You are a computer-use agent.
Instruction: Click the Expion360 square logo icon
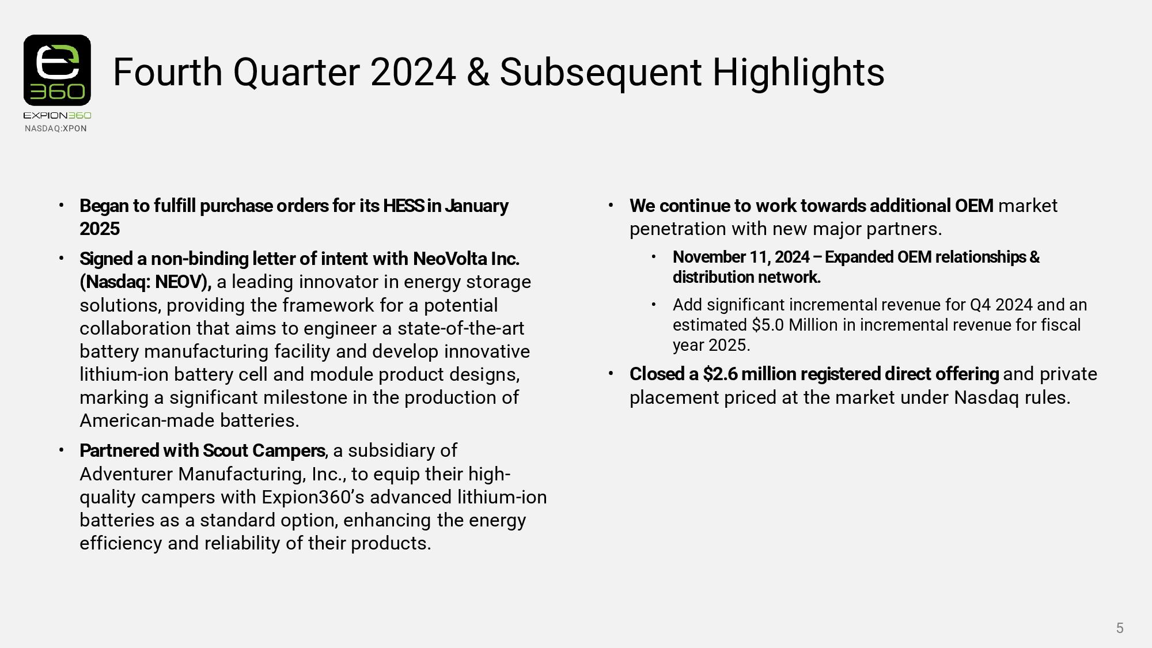tap(57, 70)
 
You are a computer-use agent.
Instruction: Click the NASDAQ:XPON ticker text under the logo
tap(56, 128)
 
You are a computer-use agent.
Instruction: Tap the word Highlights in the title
tap(798, 73)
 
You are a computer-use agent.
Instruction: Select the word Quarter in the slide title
tap(297, 73)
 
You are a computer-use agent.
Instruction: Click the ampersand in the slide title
tap(478, 73)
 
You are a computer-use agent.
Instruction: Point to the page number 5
tap(1120, 628)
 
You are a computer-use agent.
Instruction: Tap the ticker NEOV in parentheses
tap(180, 282)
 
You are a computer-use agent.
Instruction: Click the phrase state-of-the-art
tap(461, 328)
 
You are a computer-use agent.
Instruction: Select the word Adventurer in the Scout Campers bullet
tap(127, 474)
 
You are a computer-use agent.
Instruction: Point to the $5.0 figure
tap(768, 325)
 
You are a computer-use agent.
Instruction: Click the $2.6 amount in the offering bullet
tap(720, 374)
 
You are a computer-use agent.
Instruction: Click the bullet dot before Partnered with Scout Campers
tap(61, 450)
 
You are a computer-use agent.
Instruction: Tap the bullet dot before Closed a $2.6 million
tap(611, 373)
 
